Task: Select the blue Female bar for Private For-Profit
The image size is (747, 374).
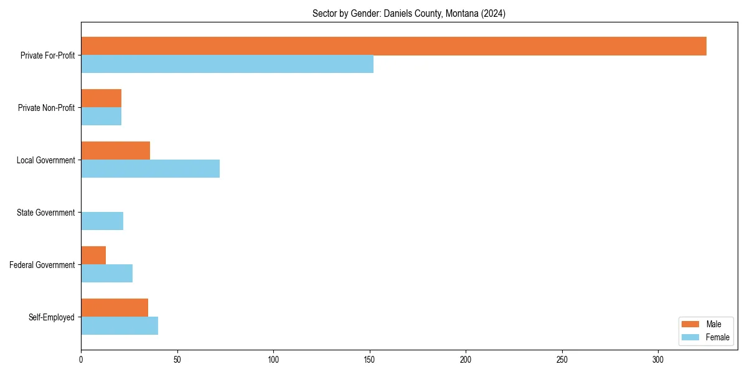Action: [227, 64]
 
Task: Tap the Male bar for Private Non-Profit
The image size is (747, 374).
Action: [101, 98]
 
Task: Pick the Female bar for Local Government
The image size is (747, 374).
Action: [150, 168]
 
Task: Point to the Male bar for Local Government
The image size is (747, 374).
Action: [115, 151]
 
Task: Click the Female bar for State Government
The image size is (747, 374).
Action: [102, 221]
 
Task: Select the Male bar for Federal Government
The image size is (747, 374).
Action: [93, 256]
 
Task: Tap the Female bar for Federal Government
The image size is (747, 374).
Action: [106, 273]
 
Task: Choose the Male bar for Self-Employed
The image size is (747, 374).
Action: [115, 308]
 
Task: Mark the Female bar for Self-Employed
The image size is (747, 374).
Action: [120, 325]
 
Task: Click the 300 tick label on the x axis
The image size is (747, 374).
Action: [659, 360]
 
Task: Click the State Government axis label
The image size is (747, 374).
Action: [45, 213]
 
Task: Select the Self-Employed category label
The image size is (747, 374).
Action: [52, 317]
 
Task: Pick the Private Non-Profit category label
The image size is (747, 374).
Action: [46, 108]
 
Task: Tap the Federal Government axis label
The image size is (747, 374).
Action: [42, 265]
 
